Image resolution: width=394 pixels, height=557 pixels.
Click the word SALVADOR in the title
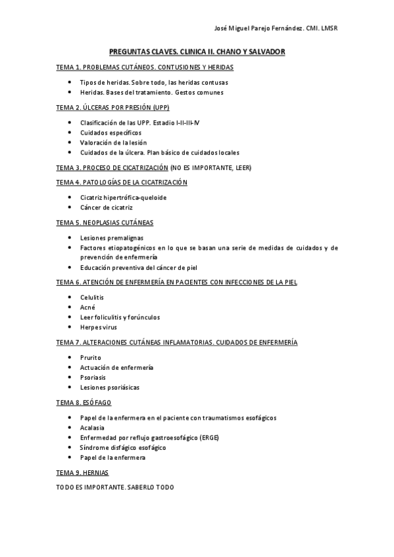pyautogui.click(x=267, y=51)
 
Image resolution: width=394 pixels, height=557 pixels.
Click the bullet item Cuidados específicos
pyautogui.click(x=111, y=133)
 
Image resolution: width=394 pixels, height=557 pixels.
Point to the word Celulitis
pyautogui.click(x=92, y=298)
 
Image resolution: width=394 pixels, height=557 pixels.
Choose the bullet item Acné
pyautogui.click(x=87, y=307)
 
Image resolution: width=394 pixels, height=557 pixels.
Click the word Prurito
pyautogui.click(x=91, y=357)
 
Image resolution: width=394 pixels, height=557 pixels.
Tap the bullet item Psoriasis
pyautogui.click(x=93, y=378)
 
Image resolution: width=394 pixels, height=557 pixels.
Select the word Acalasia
pyautogui.click(x=92, y=428)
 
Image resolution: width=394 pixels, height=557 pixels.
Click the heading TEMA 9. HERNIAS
pyautogui.click(x=82, y=473)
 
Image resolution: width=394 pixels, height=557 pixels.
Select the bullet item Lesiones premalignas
pyautogui.click(x=111, y=238)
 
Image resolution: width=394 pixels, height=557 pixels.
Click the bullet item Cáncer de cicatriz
pyautogui.click(x=106, y=208)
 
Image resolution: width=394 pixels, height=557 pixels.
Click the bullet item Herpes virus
pyautogui.click(x=99, y=327)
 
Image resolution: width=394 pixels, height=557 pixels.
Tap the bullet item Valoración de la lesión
pyautogui.click(x=113, y=143)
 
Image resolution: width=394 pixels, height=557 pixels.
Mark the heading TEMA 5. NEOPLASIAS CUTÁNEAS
pyautogui.click(x=105, y=223)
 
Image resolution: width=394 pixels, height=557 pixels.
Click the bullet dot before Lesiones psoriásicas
pyautogui.click(x=70, y=388)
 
